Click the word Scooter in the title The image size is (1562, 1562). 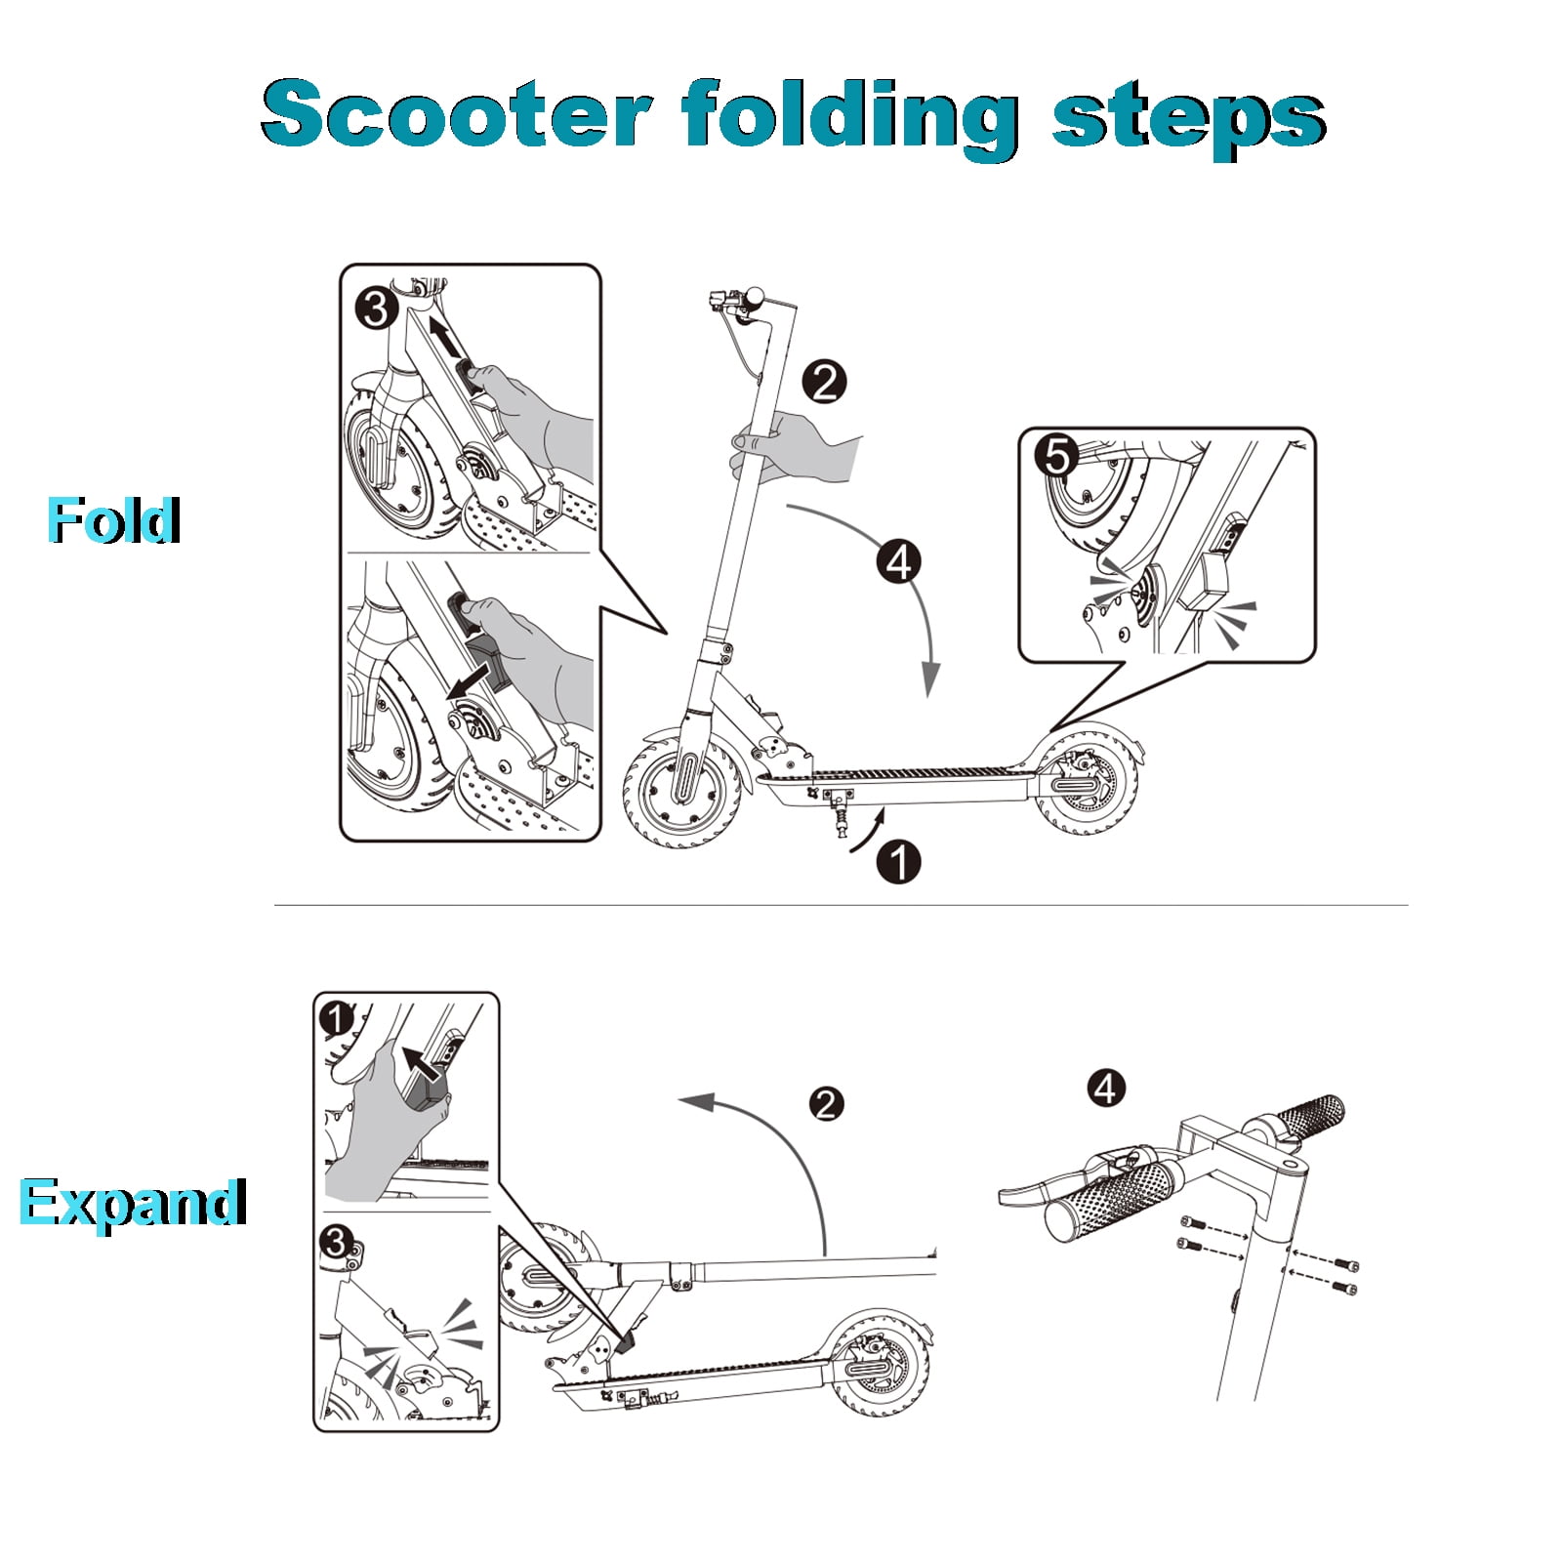coord(456,114)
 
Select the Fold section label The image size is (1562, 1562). coord(114,519)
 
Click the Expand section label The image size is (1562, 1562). coord(133,1203)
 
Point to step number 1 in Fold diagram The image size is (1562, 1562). coord(899,862)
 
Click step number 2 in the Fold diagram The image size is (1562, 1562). coord(825,382)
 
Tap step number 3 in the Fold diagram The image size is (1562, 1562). coord(377,309)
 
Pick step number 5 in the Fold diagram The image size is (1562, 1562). coord(1057,455)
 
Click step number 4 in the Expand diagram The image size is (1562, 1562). coord(1106,1088)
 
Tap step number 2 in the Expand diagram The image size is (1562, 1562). coord(827,1104)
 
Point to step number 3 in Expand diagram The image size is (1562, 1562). coord(336,1242)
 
